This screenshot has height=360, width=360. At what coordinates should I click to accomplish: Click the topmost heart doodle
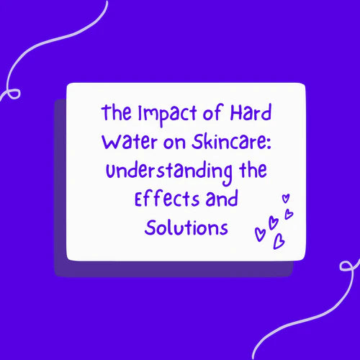pos(285,197)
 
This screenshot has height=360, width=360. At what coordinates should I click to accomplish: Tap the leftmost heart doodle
pos(260,233)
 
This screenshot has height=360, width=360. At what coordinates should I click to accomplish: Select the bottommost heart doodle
pos(279,242)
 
